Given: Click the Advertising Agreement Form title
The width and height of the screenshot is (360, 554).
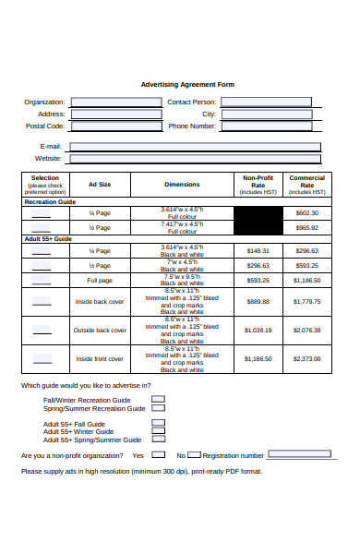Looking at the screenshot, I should point(186,84).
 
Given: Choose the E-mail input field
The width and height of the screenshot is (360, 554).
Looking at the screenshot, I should point(195,146).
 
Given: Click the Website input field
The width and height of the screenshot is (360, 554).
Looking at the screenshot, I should point(195,159).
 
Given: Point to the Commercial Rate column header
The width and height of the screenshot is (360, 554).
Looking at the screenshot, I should point(306,184).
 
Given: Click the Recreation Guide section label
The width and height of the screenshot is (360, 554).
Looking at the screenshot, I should point(51,200).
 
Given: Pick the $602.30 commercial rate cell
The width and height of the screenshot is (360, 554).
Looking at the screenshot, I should point(306,212).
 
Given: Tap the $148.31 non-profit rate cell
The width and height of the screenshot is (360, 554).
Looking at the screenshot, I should point(258,250).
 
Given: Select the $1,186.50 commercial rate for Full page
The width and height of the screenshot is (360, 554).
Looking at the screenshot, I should point(306,280).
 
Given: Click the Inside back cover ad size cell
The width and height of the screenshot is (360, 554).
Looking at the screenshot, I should point(100,302).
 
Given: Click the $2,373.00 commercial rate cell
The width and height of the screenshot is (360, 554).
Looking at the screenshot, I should point(306,358).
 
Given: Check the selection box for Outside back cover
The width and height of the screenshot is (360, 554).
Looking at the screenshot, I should point(42,330).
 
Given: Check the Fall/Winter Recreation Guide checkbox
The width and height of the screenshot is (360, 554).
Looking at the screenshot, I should point(158,399).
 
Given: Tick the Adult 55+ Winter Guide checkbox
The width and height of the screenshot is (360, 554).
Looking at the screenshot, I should point(158,430).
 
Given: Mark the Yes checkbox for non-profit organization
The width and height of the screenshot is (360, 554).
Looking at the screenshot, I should point(158,455).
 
